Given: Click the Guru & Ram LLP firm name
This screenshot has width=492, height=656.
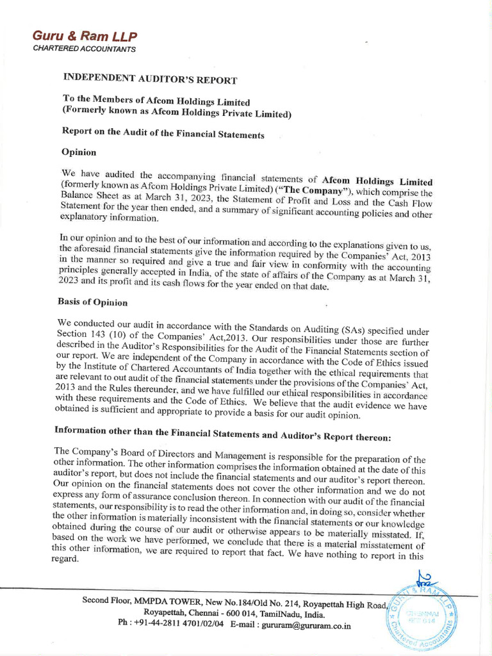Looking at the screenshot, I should click(85, 37).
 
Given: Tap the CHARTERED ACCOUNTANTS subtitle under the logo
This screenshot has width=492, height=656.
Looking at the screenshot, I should click(83, 49).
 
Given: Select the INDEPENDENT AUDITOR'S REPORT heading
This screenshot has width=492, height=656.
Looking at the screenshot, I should click(150, 79).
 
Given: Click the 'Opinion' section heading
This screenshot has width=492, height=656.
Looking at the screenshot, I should click(79, 152).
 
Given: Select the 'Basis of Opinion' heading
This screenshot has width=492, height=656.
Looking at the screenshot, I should click(92, 302).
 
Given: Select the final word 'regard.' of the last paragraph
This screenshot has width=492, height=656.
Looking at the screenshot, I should click(65, 558).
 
